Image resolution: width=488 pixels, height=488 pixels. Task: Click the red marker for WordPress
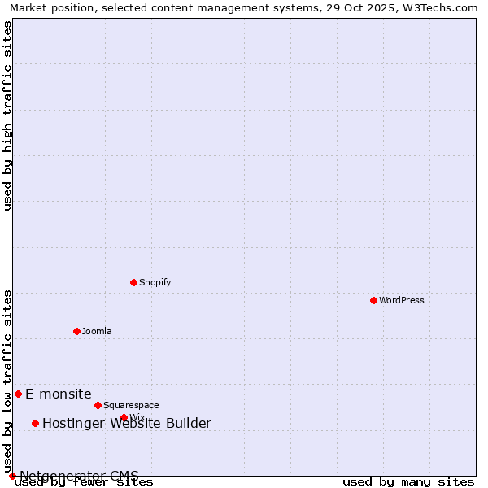pos(373,300)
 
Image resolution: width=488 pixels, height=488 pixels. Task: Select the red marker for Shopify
pos(133,282)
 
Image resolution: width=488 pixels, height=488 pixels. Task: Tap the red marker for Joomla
pos(76,331)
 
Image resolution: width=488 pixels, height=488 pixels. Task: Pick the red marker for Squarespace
pos(98,405)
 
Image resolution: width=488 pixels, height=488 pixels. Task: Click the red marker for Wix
pos(124,417)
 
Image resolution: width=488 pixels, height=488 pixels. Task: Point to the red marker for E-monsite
pos(18,394)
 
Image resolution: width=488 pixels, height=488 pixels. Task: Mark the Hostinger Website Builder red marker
pos(35,423)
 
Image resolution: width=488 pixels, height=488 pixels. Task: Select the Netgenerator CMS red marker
pos(12,476)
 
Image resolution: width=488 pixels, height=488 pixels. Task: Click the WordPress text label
pos(402,300)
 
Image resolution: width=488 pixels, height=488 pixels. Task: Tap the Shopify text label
pos(155,282)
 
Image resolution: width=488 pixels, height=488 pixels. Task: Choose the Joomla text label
pos(97,331)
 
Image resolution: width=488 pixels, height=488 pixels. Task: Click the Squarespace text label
pos(131,405)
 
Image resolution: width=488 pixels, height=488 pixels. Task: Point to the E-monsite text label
pos(59,394)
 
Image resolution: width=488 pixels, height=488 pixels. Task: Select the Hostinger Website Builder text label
pos(126,423)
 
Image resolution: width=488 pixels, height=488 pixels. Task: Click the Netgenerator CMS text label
pos(79,476)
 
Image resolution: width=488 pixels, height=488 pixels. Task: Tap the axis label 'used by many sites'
pos(408,482)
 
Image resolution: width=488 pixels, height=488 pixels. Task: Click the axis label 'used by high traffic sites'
pos(7,115)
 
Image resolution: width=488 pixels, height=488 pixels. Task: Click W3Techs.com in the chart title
pos(440,7)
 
